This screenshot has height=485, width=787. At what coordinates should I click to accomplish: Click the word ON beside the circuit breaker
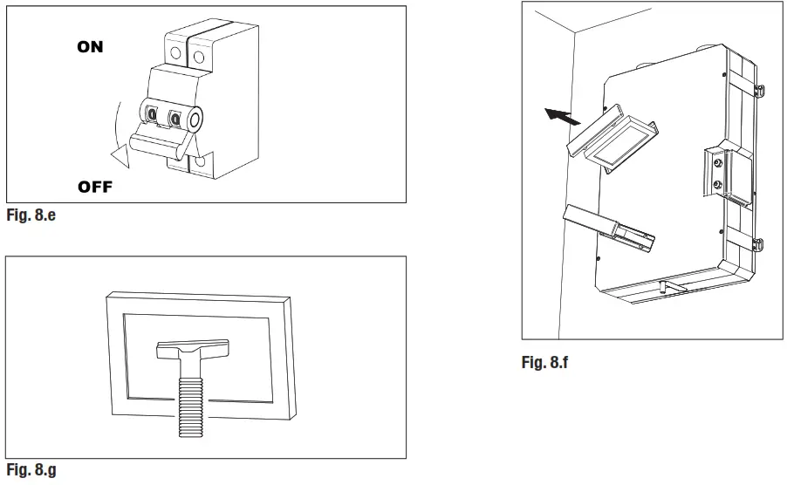coord(90,47)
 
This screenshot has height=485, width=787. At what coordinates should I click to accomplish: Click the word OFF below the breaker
coord(95,187)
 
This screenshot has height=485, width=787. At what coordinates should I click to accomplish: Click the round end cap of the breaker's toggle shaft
coord(194,117)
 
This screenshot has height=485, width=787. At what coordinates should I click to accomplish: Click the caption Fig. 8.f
coord(544,361)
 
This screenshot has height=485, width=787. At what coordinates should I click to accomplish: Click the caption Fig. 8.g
coord(31,470)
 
